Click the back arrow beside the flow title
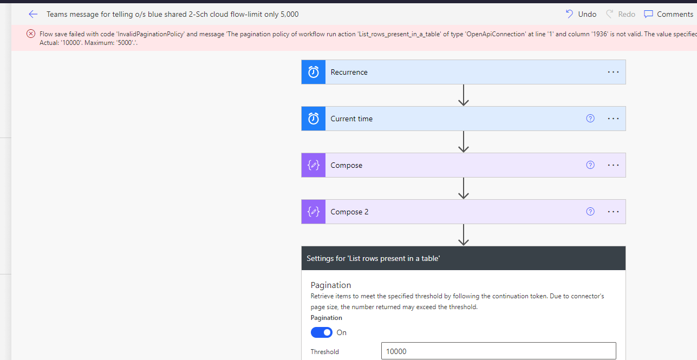tap(33, 14)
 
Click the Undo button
tap(581, 14)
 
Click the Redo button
tap(621, 14)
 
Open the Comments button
tap(668, 14)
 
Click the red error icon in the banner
tap(31, 34)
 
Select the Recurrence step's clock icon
tap(314, 72)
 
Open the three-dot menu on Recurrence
tap(613, 72)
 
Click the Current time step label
tap(351, 119)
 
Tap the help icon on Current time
tap(590, 118)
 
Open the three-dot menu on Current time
tap(613, 119)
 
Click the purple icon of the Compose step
tap(314, 165)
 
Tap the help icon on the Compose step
tap(590, 165)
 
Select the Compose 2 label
tap(349, 212)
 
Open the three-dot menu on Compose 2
tap(613, 212)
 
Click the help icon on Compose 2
tap(590, 212)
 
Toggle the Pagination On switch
tap(322, 332)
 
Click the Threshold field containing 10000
tap(498, 351)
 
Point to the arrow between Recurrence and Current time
tap(464, 95)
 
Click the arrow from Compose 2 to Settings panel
tap(464, 235)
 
